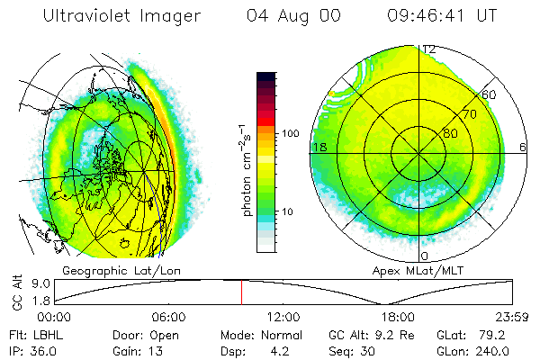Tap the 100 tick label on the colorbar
click(290, 133)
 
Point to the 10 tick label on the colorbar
click(287, 212)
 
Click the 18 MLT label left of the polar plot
click(318, 147)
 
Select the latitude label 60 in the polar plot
click(490, 94)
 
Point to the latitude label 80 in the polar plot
click(449, 134)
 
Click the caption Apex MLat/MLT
click(410, 270)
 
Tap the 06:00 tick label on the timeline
click(168, 317)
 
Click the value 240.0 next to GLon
click(504, 348)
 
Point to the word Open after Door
click(165, 333)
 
